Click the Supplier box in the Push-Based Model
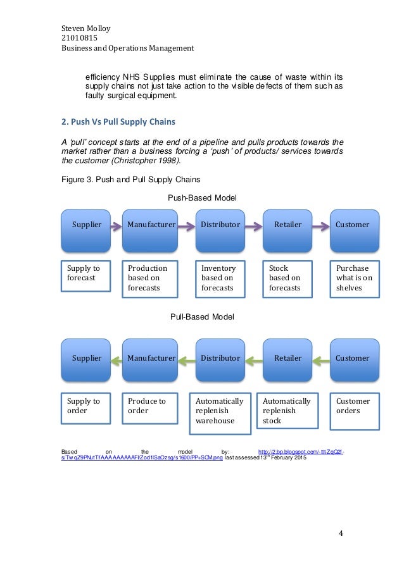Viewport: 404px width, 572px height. click(86, 225)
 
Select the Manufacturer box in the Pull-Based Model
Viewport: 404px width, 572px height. click(151, 358)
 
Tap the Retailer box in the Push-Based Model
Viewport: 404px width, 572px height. click(287, 225)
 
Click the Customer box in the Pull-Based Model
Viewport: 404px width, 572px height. click(352, 358)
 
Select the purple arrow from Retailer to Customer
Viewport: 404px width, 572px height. click(319, 225)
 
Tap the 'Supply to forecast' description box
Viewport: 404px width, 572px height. click(85, 276)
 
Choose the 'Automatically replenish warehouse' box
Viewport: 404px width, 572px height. click(220, 411)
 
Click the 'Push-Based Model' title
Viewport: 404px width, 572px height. click(202, 198)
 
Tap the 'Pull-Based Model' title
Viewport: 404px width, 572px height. click(202, 316)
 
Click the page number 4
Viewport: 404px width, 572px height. click(341, 533)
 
